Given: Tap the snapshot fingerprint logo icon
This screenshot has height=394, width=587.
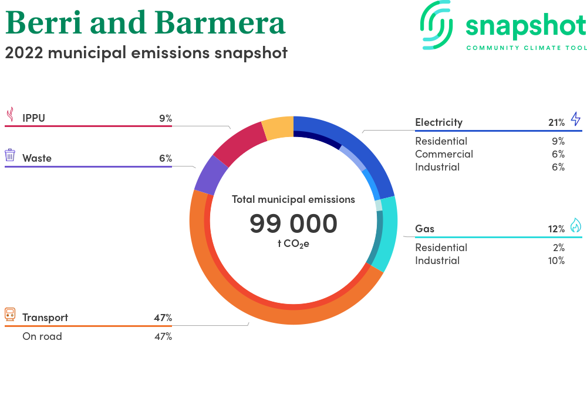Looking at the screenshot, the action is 436,25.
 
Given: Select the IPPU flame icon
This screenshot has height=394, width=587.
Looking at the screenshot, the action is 11,115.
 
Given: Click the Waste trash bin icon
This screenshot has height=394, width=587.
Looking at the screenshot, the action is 10,155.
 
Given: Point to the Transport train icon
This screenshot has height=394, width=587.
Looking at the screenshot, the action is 10,315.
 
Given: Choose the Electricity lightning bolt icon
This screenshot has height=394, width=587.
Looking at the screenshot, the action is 576,119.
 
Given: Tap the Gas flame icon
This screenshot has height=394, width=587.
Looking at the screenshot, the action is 576,225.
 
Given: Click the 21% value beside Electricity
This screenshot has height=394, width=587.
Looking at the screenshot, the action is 556,122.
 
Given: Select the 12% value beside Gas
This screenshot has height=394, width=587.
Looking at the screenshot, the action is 556,229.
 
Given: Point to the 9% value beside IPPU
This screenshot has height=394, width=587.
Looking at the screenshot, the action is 166,118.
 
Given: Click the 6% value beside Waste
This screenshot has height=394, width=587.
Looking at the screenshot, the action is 166,158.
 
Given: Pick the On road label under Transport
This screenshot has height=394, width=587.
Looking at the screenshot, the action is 42,336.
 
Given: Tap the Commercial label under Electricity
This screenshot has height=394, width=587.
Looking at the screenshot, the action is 444,154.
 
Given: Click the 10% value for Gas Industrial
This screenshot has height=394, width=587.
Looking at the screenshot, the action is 556,261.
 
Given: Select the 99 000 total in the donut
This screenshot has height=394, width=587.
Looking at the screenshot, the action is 293,223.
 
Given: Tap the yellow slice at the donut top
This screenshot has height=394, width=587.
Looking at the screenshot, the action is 278,128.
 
